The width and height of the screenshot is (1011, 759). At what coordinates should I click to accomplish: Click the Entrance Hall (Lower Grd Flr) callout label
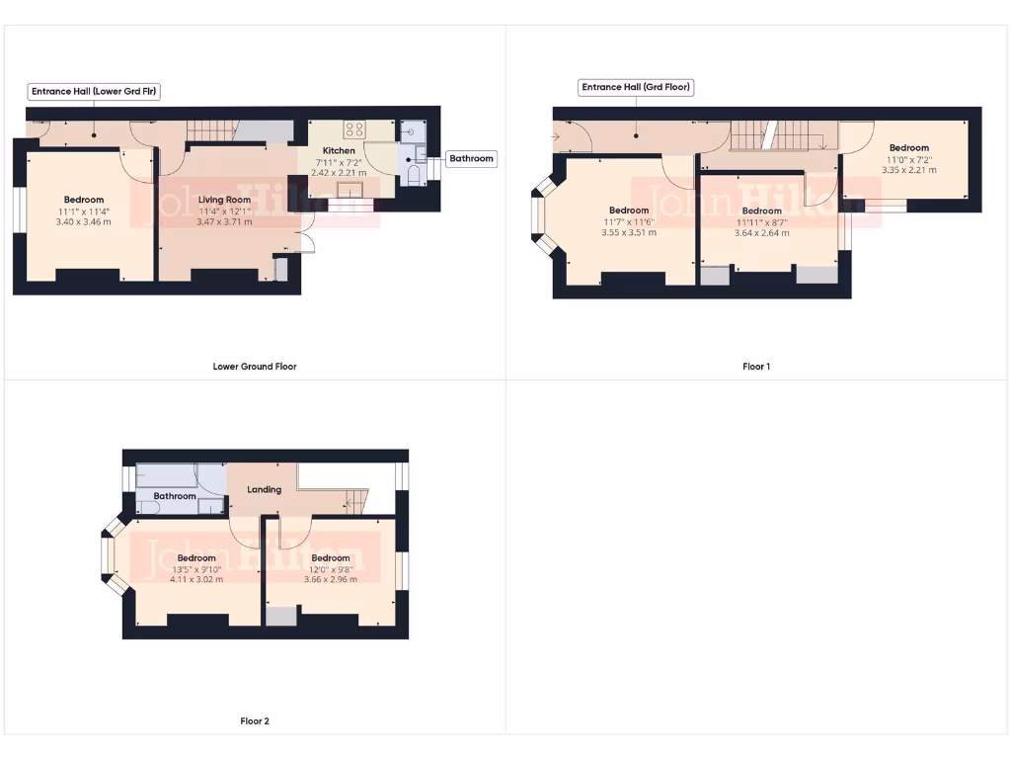95,91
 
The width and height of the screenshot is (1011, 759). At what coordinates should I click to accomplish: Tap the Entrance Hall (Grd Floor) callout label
636,87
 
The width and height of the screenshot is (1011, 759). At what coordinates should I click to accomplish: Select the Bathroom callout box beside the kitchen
471,158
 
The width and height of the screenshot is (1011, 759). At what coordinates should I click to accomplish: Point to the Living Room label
224,200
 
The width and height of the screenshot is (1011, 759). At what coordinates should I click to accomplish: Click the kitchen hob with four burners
354,128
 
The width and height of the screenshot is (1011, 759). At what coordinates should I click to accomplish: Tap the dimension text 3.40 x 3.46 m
84,221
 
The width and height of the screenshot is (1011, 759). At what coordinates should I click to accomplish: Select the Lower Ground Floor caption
255,367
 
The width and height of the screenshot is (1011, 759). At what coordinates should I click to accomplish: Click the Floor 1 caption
756,367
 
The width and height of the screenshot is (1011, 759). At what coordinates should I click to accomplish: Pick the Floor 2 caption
255,721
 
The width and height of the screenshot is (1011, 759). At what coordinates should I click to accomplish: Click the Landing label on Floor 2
265,489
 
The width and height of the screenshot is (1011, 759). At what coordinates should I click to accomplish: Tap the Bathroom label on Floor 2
174,496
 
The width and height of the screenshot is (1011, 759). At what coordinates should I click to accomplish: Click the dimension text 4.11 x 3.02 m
196,579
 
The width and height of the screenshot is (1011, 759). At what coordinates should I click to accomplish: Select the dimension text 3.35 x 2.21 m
908,170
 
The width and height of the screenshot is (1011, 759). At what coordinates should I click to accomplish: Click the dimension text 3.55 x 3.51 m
629,232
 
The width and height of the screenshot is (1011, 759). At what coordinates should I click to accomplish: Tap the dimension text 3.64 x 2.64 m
761,233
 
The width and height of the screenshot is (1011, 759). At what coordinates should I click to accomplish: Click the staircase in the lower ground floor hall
212,130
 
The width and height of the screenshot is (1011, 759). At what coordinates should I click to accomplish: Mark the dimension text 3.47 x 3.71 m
224,222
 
